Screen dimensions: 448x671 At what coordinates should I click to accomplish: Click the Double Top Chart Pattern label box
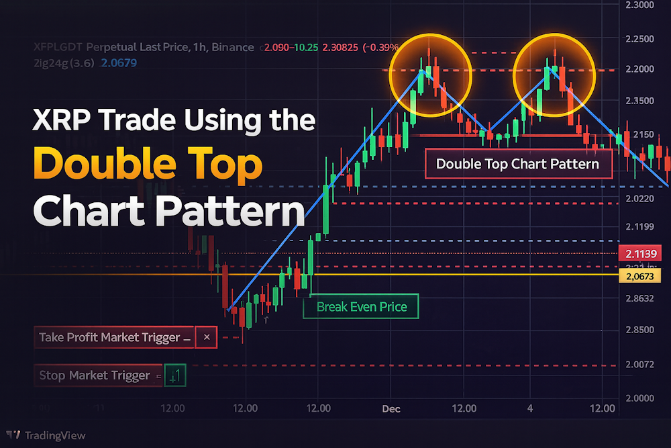(519, 164)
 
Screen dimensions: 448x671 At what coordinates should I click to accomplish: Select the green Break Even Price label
(361, 307)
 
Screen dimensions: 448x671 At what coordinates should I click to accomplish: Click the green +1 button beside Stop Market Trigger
(175, 375)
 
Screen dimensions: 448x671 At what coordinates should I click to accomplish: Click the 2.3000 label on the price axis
(639, 5)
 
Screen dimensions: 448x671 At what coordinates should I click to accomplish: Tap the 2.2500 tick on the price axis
(639, 40)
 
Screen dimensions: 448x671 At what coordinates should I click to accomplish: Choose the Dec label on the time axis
(391, 408)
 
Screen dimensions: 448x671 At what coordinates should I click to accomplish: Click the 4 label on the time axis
(530, 408)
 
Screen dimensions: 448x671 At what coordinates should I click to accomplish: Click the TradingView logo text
(55, 435)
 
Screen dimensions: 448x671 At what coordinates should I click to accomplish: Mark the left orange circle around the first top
(431, 75)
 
